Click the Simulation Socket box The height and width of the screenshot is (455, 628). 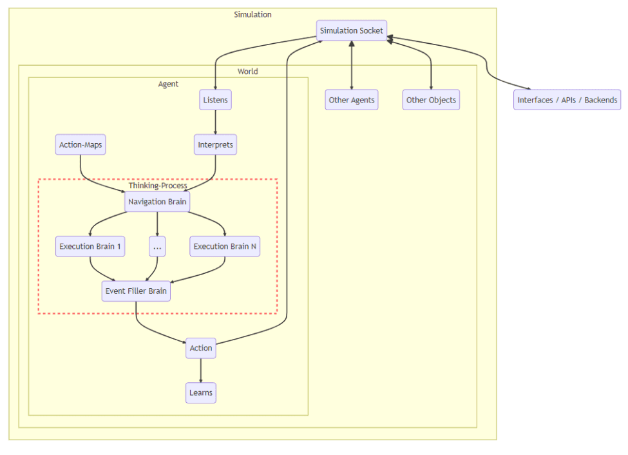click(x=352, y=30)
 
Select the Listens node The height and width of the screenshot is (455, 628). click(x=215, y=101)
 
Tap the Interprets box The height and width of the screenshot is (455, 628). click(x=215, y=145)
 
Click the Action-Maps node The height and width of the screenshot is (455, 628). click(x=81, y=145)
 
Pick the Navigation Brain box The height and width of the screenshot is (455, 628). click(x=157, y=202)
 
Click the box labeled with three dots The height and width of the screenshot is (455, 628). click(x=157, y=246)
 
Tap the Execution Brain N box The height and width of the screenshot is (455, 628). click(x=225, y=246)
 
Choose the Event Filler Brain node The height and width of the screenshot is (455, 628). click(x=136, y=291)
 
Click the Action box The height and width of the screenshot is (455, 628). click(x=200, y=348)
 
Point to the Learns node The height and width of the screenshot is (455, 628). click(x=200, y=392)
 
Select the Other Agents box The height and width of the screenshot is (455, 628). click(x=352, y=101)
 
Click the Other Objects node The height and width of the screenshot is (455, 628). click(x=431, y=101)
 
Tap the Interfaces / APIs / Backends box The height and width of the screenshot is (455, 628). click(x=567, y=101)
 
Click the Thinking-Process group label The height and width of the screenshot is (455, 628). click(x=157, y=186)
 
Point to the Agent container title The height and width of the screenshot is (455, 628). click(x=168, y=84)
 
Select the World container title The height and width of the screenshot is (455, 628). click(x=247, y=72)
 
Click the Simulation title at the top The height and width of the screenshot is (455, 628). click(x=252, y=14)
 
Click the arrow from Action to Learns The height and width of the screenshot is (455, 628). click(x=200, y=371)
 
